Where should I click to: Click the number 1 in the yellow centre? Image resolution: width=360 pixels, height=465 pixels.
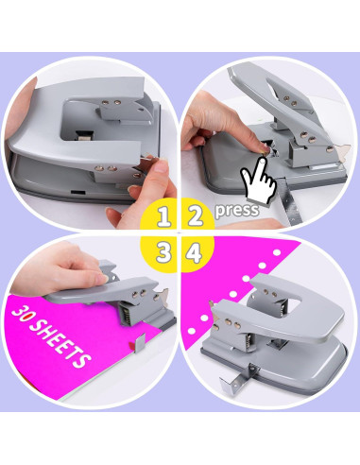click(x=164, y=216)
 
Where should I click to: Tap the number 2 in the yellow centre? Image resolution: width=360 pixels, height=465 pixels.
click(x=196, y=216)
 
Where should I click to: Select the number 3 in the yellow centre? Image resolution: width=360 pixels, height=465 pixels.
click(x=164, y=252)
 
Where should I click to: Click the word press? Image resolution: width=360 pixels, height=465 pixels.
click(x=236, y=209)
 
